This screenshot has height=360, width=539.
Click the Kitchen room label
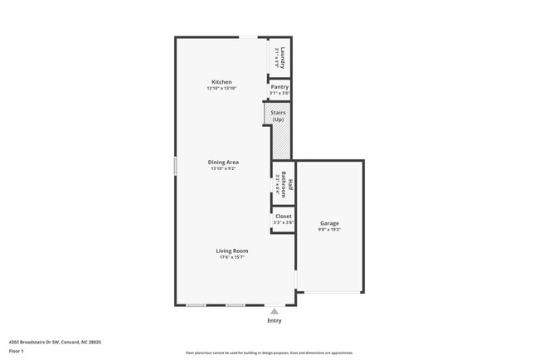(x=221, y=82)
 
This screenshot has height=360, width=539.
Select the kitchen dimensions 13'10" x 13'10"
(x=221, y=88)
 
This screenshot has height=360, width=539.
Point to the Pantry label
(x=279, y=87)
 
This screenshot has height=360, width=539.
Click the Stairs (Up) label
(x=278, y=115)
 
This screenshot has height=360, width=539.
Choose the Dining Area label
(x=223, y=163)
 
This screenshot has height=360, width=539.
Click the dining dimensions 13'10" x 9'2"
(x=223, y=168)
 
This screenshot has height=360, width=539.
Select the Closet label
(x=283, y=216)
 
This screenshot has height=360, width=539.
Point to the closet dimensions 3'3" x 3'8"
(x=283, y=222)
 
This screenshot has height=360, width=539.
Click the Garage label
(x=329, y=223)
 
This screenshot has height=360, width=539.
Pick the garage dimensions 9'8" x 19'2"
(x=329, y=229)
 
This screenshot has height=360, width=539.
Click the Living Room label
(x=232, y=251)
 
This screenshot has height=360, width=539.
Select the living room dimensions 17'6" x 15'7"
(x=232, y=257)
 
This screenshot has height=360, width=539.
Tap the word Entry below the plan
(x=274, y=320)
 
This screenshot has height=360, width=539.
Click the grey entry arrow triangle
(x=274, y=311)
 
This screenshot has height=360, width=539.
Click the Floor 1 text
(x=17, y=351)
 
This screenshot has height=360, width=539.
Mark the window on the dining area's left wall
(x=175, y=166)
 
